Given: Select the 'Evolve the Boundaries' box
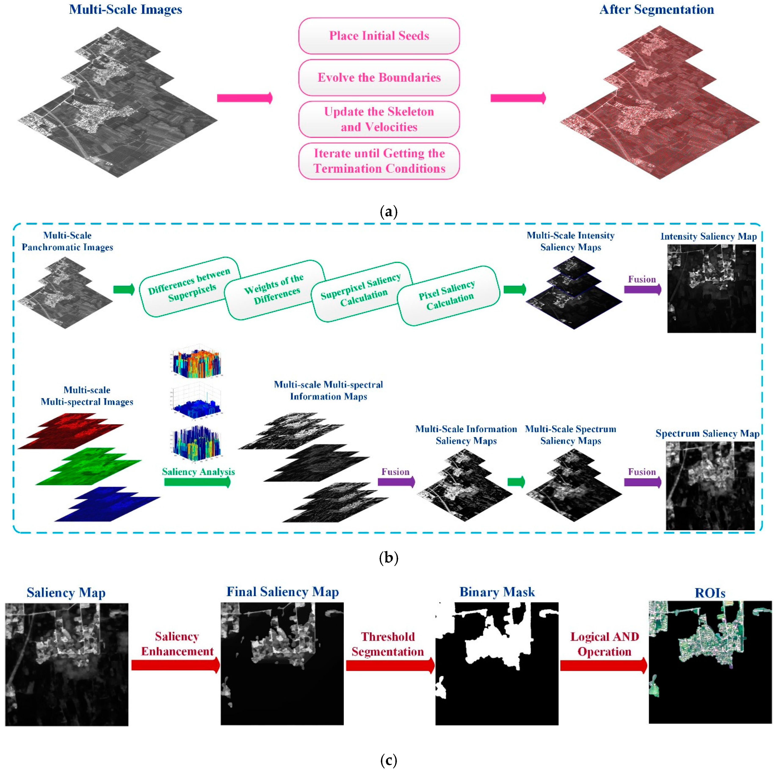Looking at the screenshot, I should tap(379, 77).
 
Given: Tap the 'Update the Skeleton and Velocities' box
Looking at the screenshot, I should tap(379, 119).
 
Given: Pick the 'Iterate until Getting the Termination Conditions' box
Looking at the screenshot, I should tap(379, 161).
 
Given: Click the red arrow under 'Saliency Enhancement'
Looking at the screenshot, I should tap(175, 665).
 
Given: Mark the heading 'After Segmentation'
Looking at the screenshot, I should tap(656, 10).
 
